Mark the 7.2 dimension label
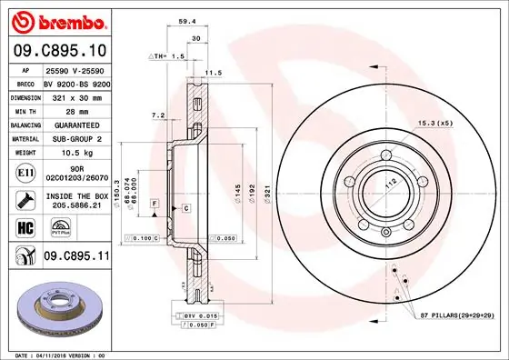tap(156, 115)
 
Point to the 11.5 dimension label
tap(214, 72)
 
